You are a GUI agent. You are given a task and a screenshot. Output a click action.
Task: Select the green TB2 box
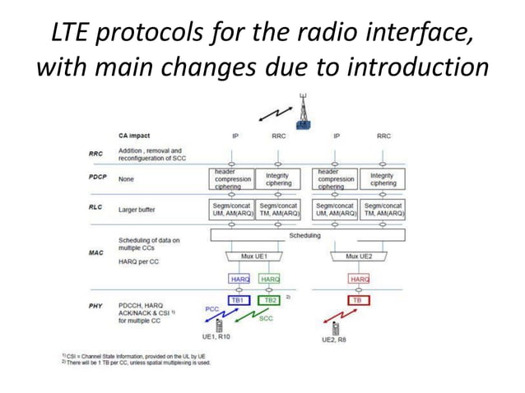tap(270, 301)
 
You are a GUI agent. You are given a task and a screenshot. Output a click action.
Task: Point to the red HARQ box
tap(359, 280)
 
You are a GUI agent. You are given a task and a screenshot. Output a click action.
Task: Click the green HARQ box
tap(270, 280)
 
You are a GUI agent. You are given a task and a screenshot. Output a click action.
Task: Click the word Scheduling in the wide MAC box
tap(304, 236)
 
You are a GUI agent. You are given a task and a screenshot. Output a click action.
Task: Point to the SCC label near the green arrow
tap(266, 318)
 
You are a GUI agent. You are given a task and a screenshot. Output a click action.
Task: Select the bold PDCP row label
tap(96, 177)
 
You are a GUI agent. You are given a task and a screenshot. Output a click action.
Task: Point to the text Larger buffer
tap(140, 210)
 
